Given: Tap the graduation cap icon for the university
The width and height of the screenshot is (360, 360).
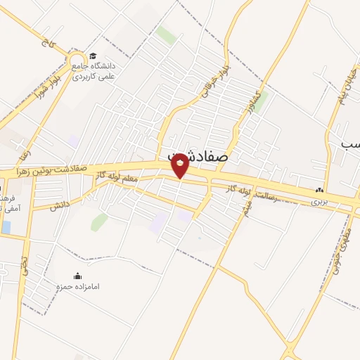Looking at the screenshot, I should tap(93, 57).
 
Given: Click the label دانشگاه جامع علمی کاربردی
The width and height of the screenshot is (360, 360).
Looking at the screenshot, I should tap(96, 70).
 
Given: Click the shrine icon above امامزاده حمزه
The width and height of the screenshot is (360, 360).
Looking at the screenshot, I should tap(78, 276).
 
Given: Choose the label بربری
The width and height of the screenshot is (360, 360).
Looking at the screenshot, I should tap(321, 200).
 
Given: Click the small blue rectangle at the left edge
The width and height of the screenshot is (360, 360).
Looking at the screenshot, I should tap(6, 228).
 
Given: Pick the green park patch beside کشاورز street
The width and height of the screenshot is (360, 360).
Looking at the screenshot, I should tap(261, 102).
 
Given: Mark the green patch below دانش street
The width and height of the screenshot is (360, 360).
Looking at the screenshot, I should tap(99, 222).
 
